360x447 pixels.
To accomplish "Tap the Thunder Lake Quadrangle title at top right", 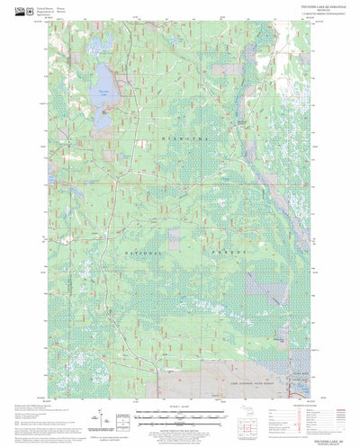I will pyautogui.click(x=287, y=10).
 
